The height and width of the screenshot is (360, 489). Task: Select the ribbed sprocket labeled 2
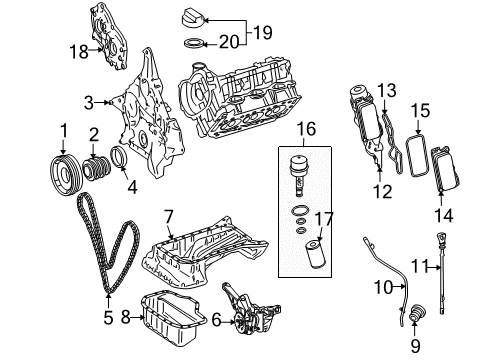98,167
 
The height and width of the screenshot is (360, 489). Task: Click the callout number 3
88,102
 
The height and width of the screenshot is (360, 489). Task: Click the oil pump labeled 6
170,216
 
